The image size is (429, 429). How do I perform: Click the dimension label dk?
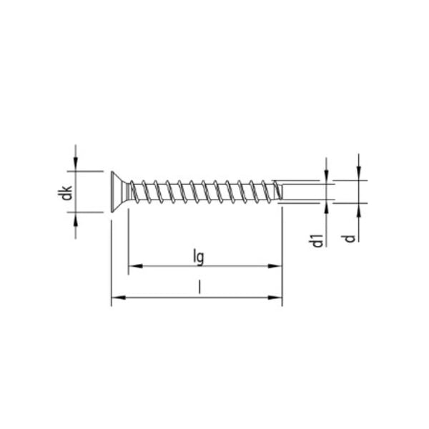point(66,192)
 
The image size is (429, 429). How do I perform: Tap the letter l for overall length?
point(199,287)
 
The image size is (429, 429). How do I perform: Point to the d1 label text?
point(316,239)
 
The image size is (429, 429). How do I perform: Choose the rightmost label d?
point(349,236)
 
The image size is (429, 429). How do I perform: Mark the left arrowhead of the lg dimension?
point(134,267)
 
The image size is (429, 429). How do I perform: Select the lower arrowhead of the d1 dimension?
point(326,207)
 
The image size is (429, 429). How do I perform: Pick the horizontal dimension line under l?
point(157,297)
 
